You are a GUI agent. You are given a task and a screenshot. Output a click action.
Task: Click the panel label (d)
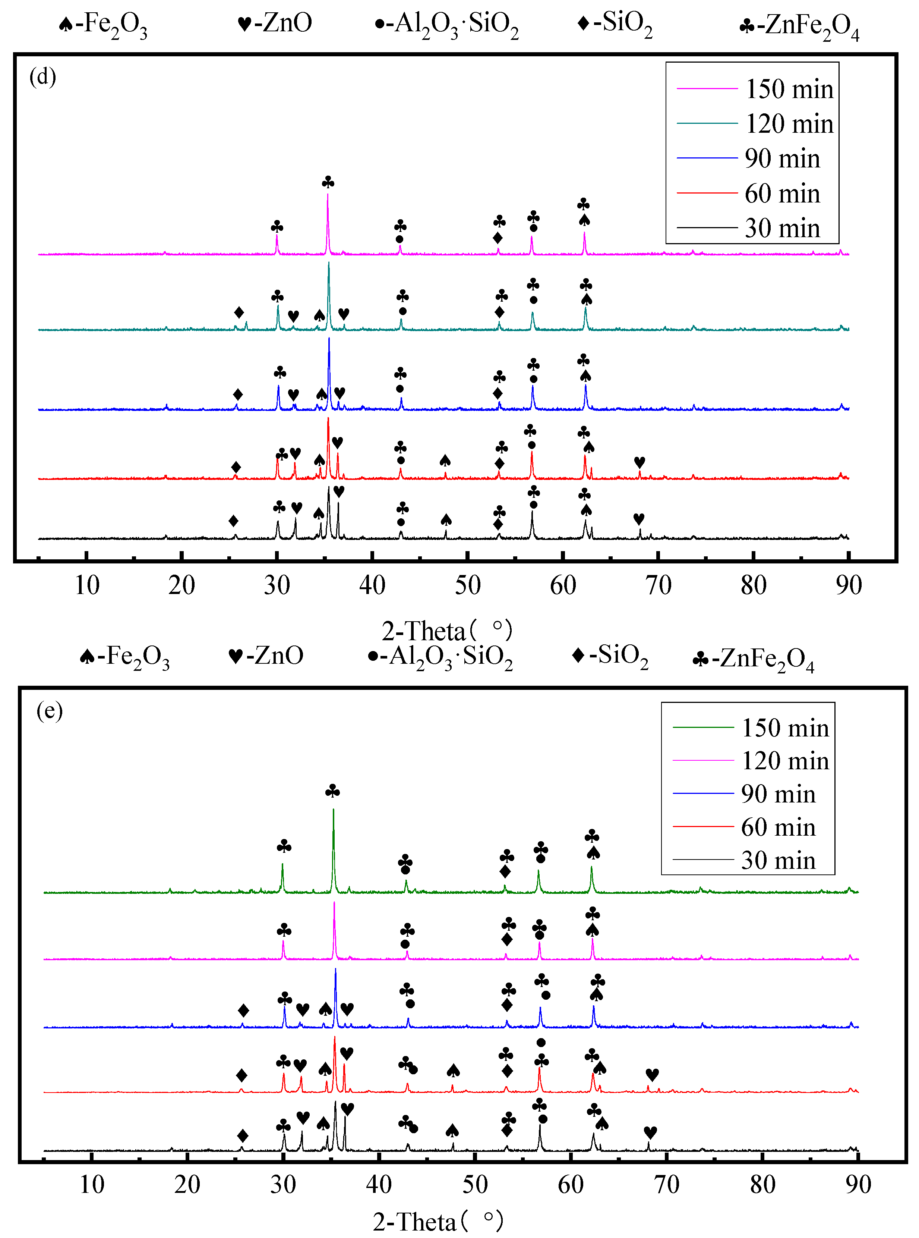pyautogui.click(x=43, y=76)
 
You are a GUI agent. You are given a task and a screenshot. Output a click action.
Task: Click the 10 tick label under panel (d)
pyautogui.click(x=87, y=585)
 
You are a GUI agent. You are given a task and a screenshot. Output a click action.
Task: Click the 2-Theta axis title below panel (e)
pyautogui.click(x=438, y=1222)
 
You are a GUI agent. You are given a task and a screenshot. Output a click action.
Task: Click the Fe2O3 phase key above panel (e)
pyautogui.click(x=124, y=657)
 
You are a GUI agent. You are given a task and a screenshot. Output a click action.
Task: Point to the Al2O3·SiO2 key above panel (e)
pyautogui.click(x=440, y=657)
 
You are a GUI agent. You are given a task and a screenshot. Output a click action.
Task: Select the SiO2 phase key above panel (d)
pyautogui.click(x=615, y=23)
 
